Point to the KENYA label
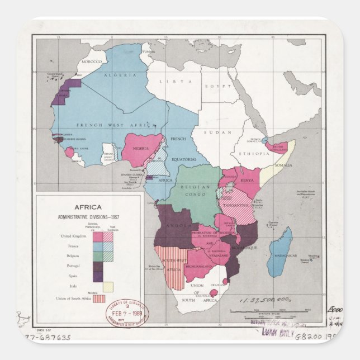coord(247,181)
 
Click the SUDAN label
coord(213,132)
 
